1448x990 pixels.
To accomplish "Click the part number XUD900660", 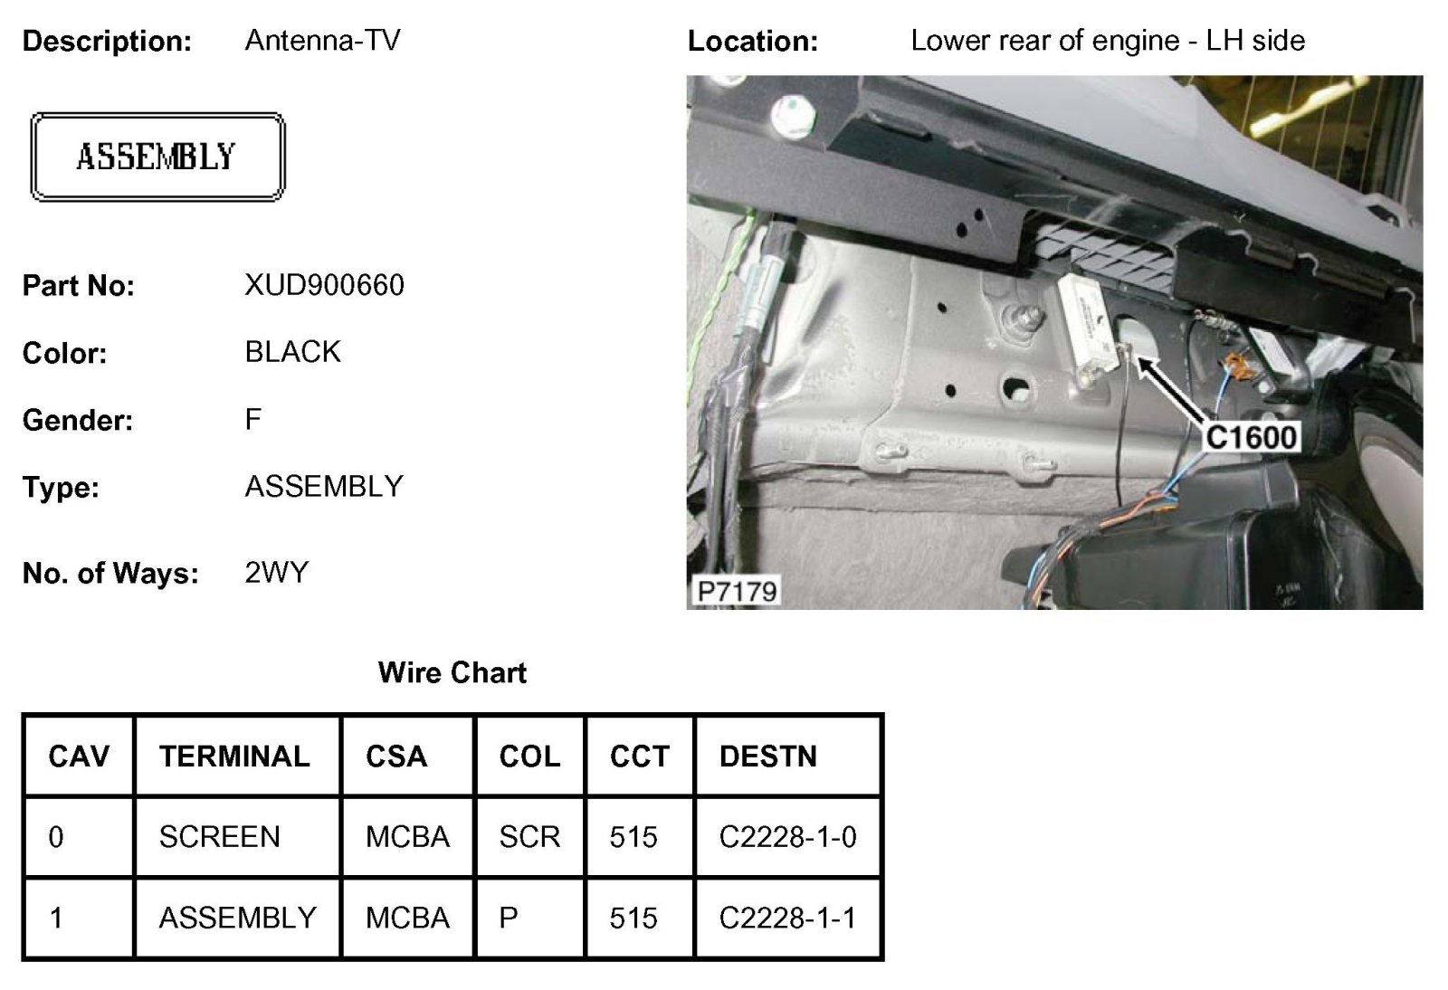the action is pos(324,285).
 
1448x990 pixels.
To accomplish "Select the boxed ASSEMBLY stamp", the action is pos(157,157).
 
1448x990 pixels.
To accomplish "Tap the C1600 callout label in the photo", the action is pos(1252,437).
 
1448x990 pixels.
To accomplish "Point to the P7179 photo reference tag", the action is pos(737,591).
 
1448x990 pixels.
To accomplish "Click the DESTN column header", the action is pos(767,756).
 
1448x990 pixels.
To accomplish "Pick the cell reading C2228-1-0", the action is pos(787,837).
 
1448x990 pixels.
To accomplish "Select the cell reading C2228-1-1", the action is pos(787,919).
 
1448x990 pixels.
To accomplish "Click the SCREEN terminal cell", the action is pos(219,837).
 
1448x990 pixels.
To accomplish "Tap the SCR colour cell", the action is pos(529,837).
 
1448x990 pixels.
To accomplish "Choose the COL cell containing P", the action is pos(509,919).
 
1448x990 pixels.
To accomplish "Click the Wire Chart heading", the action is pos(452,672).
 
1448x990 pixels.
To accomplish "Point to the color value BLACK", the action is pos(292,351).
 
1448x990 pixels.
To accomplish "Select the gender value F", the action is pos(252,419).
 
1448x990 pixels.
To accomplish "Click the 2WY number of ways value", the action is pos(276,572).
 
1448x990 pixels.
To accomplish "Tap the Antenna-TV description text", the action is pos(322,40).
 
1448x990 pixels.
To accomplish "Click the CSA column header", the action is pos(395,756).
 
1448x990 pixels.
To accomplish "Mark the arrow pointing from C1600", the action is pos(1171,390).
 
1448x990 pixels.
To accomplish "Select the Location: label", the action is pos(752,41).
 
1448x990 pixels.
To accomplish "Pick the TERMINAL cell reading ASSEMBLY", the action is pos(237,919).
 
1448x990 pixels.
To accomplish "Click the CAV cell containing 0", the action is pos(56,837).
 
